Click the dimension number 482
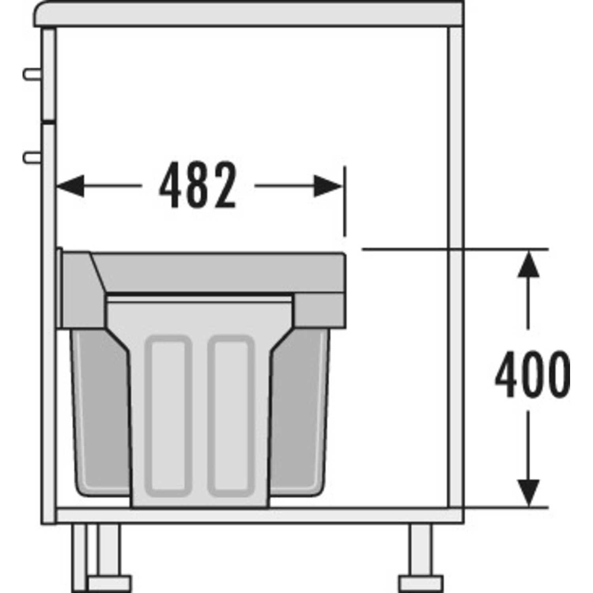click(198, 185)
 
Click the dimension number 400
click(532, 374)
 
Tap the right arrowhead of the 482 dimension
click(328, 186)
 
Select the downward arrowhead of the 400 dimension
click(528, 493)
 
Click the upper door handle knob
click(32, 74)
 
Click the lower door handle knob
click(32, 157)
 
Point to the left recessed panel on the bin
click(166, 416)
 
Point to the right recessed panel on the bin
click(231, 416)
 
